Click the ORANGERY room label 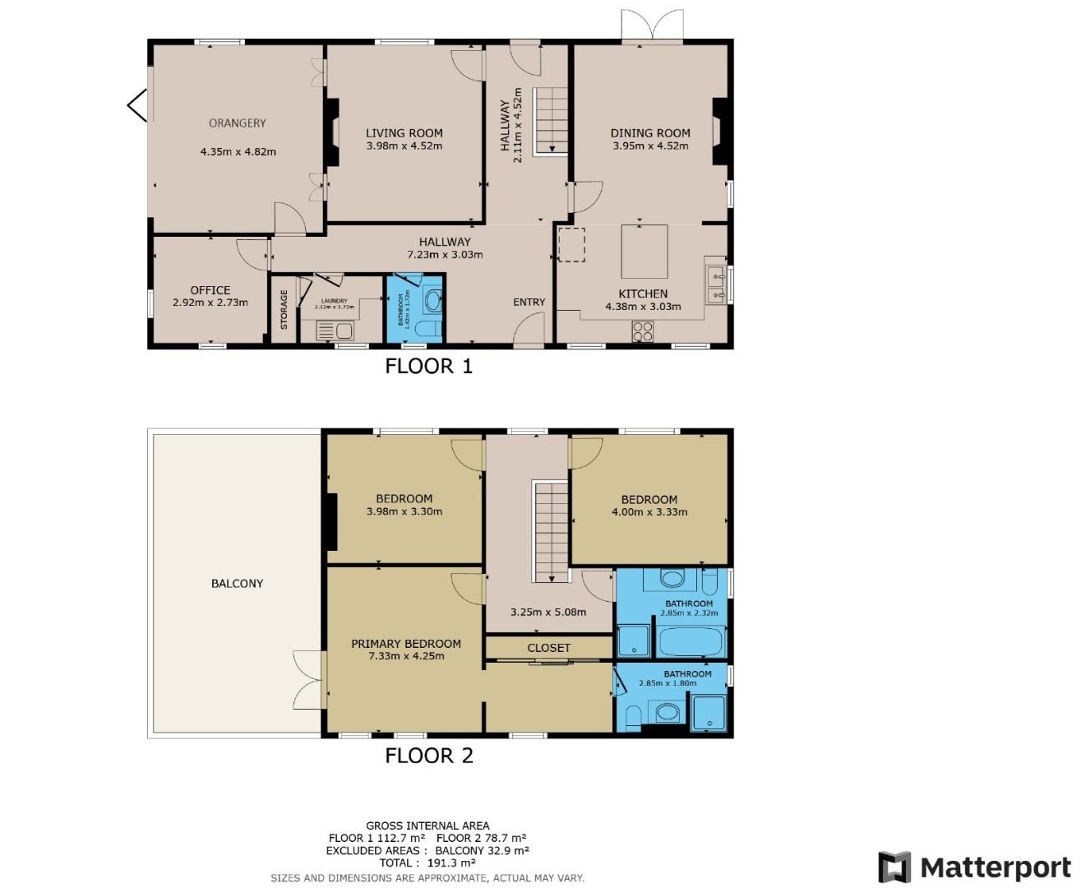click(237, 123)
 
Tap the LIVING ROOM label click(404, 133)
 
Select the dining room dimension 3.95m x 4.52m click(649, 146)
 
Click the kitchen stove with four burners click(642, 331)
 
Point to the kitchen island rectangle click(644, 252)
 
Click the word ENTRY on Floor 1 click(529, 302)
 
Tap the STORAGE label click(284, 309)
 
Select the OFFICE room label click(210, 290)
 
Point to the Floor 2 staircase click(552, 531)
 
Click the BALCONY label click(237, 584)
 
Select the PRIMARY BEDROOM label click(405, 644)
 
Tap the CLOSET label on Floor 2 click(548, 648)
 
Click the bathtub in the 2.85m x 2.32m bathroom click(691, 641)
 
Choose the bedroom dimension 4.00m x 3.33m click(649, 512)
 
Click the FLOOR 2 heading click(429, 756)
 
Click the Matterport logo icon click(894, 867)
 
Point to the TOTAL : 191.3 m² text click(427, 863)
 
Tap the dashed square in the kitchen click(571, 245)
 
